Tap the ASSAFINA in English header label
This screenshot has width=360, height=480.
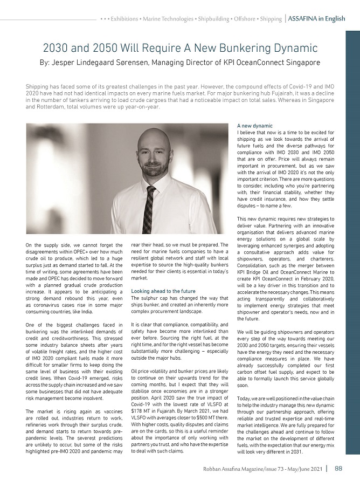point(316,18)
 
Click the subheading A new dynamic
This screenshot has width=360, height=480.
point(255,126)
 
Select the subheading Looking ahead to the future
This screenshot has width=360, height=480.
point(163,291)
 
